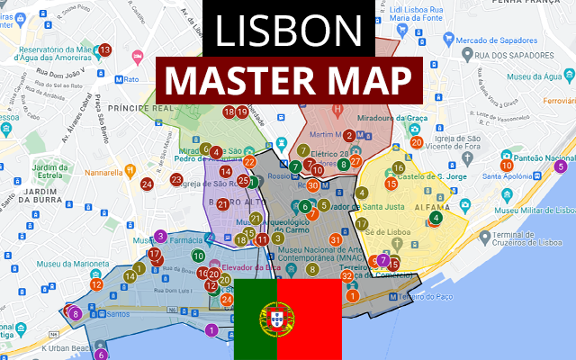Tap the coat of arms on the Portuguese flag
click(x=276, y=318)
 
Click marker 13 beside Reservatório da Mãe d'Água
click(x=104, y=49)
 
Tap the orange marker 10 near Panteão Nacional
click(x=507, y=165)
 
